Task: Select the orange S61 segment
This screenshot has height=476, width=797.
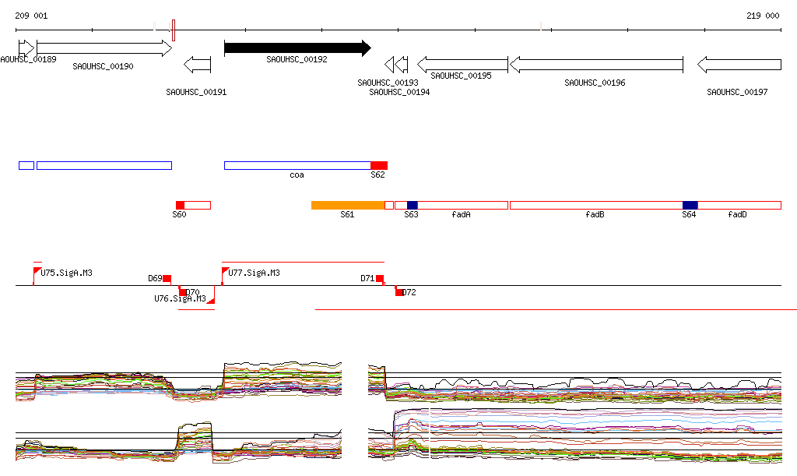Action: coord(348,205)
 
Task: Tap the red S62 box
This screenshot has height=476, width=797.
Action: coord(378,165)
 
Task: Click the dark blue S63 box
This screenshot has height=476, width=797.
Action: coord(412,205)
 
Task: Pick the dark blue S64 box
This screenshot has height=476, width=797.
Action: coord(690,205)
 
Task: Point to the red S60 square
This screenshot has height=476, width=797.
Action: coord(180,205)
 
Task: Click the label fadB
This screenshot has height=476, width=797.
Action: coord(595,214)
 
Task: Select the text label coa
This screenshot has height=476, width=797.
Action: coord(297,175)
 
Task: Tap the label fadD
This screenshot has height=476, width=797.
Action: coord(737,214)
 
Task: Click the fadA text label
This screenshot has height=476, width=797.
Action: coord(461,214)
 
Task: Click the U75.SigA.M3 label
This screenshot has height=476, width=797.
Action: coord(67,273)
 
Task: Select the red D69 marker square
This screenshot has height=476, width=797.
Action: coord(167,279)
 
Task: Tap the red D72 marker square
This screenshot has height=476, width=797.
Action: coord(399,292)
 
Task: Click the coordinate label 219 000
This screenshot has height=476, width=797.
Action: coord(763,16)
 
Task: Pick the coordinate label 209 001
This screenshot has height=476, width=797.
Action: coord(31,16)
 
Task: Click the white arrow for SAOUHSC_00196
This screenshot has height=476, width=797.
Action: coord(596,64)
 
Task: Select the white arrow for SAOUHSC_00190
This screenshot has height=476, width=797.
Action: coord(104,48)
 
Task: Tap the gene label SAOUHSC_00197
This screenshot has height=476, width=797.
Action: coord(737,92)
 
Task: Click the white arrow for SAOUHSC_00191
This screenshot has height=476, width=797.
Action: coord(197,64)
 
